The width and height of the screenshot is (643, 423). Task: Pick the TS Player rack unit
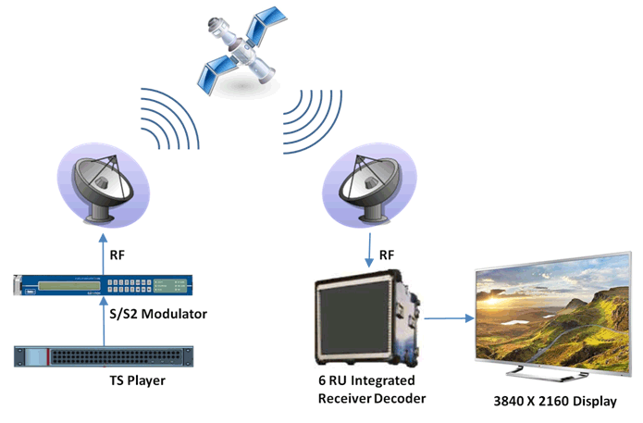103,356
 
